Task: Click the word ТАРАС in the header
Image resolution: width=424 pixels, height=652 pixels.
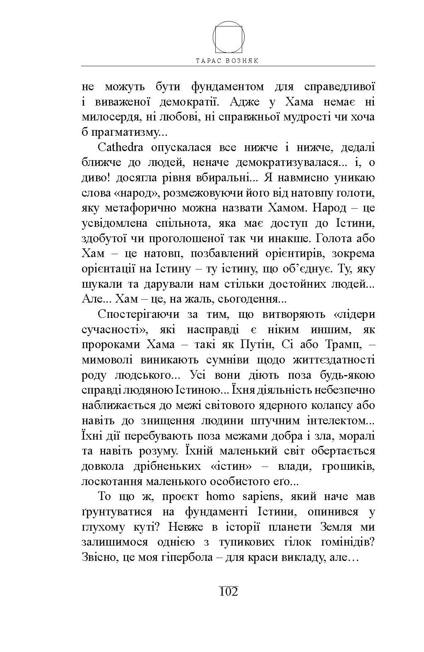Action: click(x=207, y=60)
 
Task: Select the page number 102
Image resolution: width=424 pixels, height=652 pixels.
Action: click(x=229, y=591)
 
